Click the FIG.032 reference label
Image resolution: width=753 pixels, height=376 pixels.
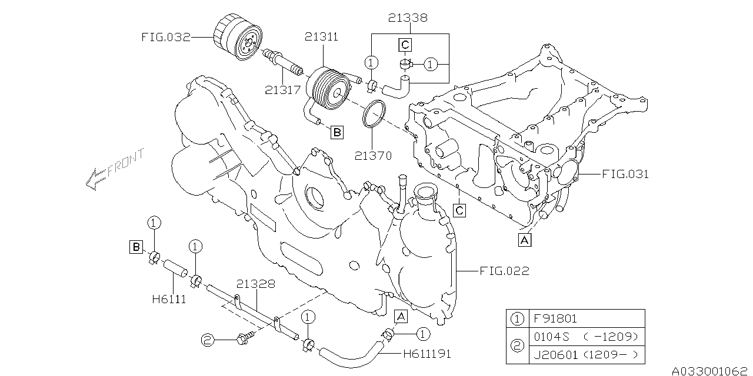tap(166, 38)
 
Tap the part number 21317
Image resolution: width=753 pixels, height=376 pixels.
tap(282, 90)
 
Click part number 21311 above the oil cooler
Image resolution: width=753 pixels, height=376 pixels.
tap(321, 38)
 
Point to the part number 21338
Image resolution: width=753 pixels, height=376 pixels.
tap(408, 18)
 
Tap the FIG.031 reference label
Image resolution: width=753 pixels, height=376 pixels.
tap(625, 174)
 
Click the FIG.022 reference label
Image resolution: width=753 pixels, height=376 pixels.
tap(504, 271)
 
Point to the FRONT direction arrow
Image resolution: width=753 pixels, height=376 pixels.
tap(114, 169)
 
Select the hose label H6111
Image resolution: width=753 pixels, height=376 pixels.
tap(169, 299)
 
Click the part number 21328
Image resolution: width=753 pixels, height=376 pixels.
tap(256, 284)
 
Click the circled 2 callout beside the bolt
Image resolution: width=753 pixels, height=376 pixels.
tap(206, 340)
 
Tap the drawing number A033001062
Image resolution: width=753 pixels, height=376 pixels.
tap(711, 370)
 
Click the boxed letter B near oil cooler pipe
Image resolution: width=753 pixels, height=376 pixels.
tap(336, 133)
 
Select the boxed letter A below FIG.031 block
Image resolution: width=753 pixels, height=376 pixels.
tap(524, 239)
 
